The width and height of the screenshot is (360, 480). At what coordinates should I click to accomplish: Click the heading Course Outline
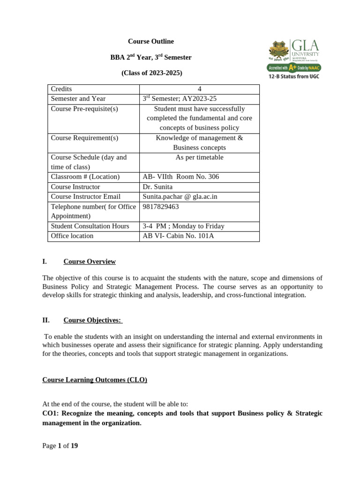coord(151,42)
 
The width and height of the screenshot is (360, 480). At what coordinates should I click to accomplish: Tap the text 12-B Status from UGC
coord(293,76)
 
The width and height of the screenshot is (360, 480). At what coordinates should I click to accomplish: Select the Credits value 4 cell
coord(199,89)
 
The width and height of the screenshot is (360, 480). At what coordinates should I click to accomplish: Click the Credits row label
coord(61,89)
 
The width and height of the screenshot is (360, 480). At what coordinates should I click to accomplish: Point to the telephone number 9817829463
coord(161,207)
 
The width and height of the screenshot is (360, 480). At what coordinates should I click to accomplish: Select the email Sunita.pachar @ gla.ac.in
coord(180,197)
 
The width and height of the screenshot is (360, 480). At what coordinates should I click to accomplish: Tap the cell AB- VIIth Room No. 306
coord(180,177)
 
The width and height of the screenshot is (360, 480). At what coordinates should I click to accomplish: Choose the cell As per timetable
coord(199,157)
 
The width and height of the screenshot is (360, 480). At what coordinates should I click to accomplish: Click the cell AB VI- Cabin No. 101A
coord(178,236)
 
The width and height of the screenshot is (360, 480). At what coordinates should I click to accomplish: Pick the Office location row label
coord(72,236)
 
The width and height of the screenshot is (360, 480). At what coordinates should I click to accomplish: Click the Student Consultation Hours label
coord(90,226)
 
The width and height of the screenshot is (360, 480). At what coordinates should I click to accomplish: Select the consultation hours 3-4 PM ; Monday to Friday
coord(183,226)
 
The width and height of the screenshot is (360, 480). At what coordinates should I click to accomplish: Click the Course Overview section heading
coord(90,262)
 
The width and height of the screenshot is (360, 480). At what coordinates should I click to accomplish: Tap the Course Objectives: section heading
coord(93,321)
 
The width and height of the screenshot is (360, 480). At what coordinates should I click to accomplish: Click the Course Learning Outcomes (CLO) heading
coord(95,380)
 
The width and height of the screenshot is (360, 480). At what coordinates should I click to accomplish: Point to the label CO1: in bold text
coord(50,413)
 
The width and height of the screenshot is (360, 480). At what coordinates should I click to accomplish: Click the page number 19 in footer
coord(74,446)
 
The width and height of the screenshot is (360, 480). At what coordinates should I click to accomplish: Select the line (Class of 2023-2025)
coord(151,73)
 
